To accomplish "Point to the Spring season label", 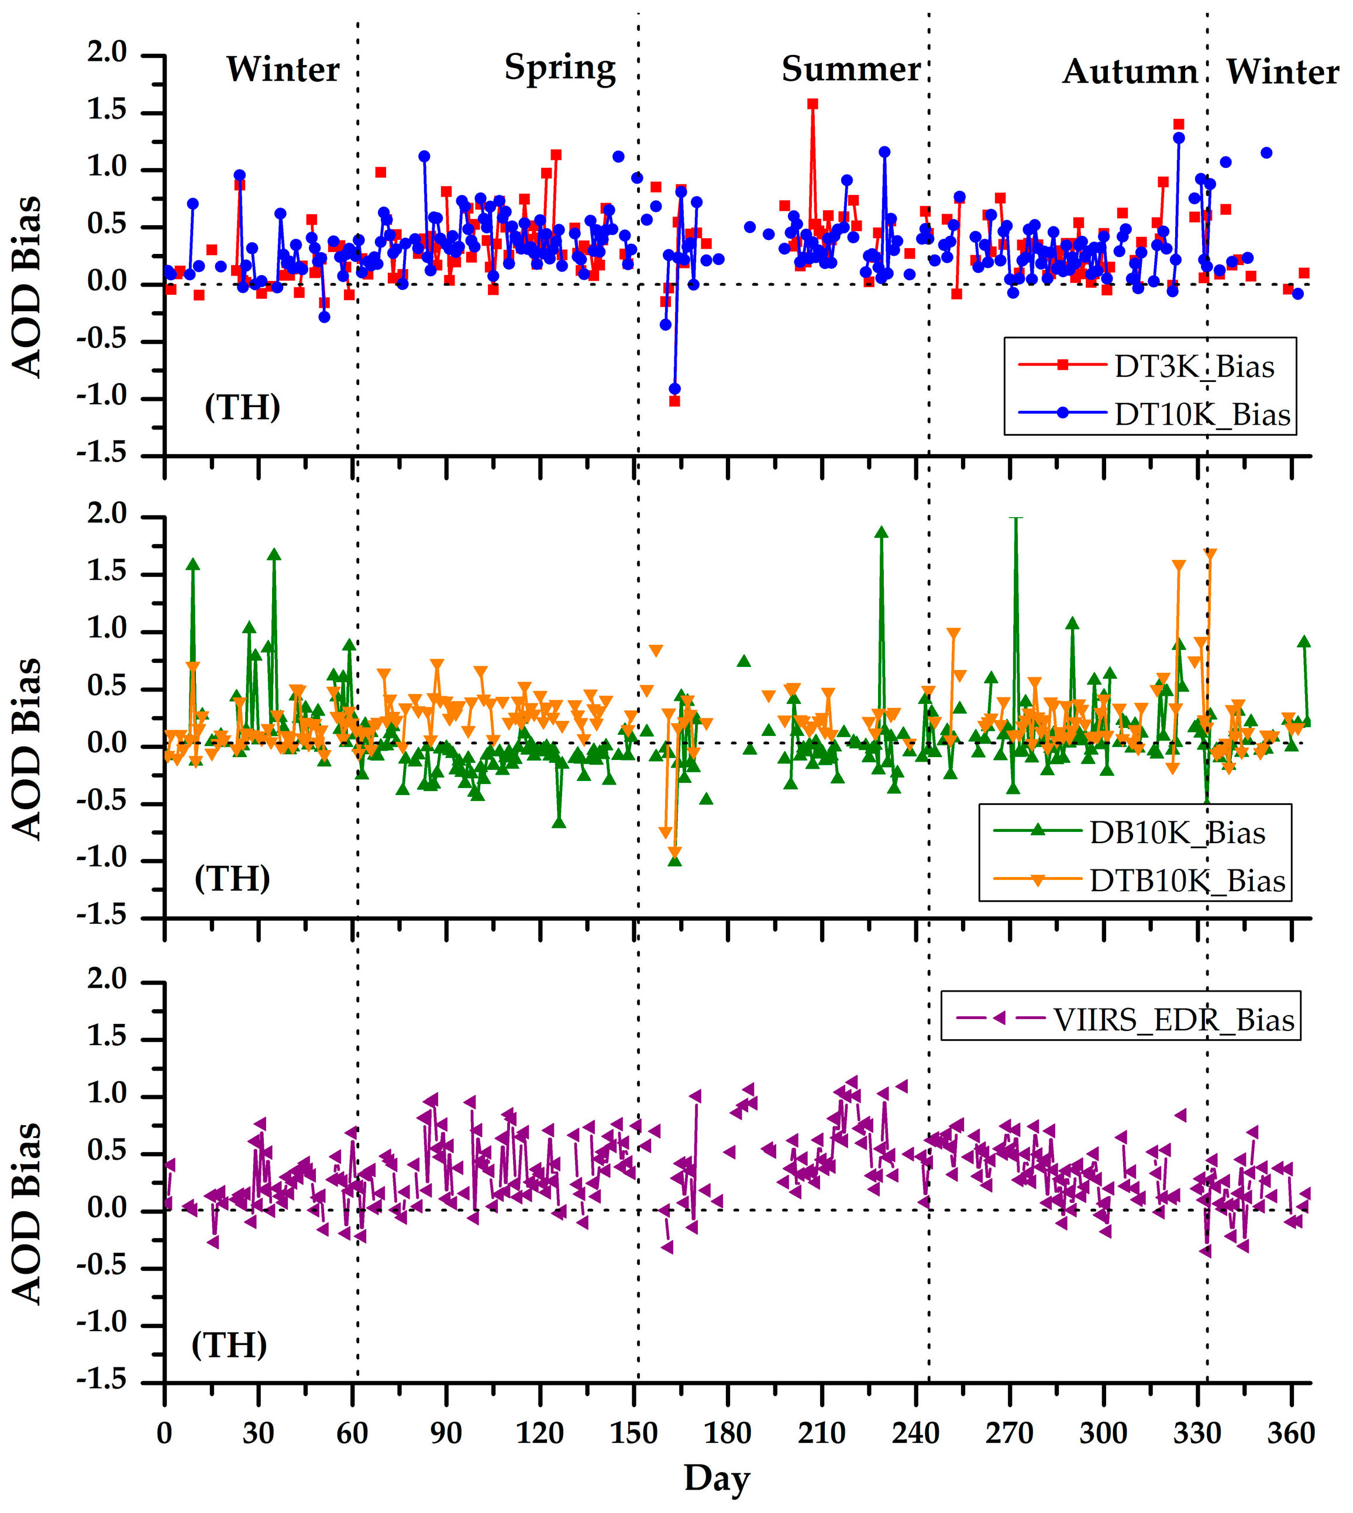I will click(x=560, y=68).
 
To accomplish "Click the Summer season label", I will click(x=851, y=69).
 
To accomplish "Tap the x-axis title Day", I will click(x=716, y=1477).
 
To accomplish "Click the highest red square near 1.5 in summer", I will click(x=813, y=104).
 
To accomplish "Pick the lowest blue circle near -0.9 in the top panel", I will click(x=674, y=389).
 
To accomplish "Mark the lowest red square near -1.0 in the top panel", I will click(x=674, y=401).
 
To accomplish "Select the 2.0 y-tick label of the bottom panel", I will click(x=107, y=979).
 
